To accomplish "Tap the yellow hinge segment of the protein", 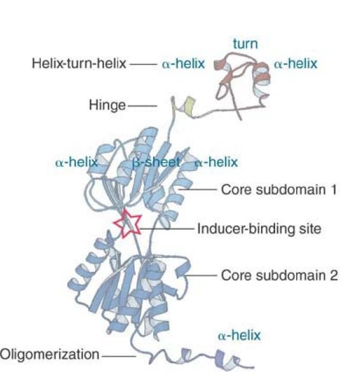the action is [x=190, y=106].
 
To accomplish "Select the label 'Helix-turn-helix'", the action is [x=79, y=63].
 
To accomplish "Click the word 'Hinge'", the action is [x=107, y=105].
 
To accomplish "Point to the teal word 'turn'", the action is [x=245, y=44].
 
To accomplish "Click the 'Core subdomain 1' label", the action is [x=279, y=190].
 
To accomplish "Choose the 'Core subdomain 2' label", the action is [x=280, y=276].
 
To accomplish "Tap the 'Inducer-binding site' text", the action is [x=259, y=229].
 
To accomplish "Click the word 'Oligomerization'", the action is [x=50, y=354].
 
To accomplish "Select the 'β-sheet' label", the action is [x=156, y=162].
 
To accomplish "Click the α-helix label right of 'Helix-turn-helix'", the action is [x=184, y=64].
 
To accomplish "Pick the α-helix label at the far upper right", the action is [x=296, y=64].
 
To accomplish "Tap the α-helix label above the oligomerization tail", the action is [x=239, y=336].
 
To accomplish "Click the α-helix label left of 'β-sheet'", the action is [x=77, y=162].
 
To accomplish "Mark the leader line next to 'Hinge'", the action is [x=142, y=106].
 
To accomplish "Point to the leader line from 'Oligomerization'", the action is [x=119, y=357].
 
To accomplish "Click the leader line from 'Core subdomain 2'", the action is [x=201, y=276].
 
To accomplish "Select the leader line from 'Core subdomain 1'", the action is [x=197, y=190].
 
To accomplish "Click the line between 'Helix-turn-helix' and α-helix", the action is [x=144, y=64].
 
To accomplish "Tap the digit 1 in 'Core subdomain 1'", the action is [x=334, y=190].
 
